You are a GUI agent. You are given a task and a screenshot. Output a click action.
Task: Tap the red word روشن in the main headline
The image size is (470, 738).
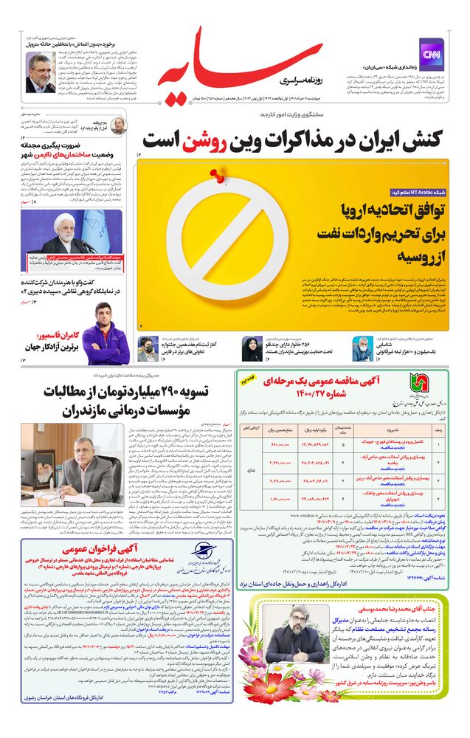221,138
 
